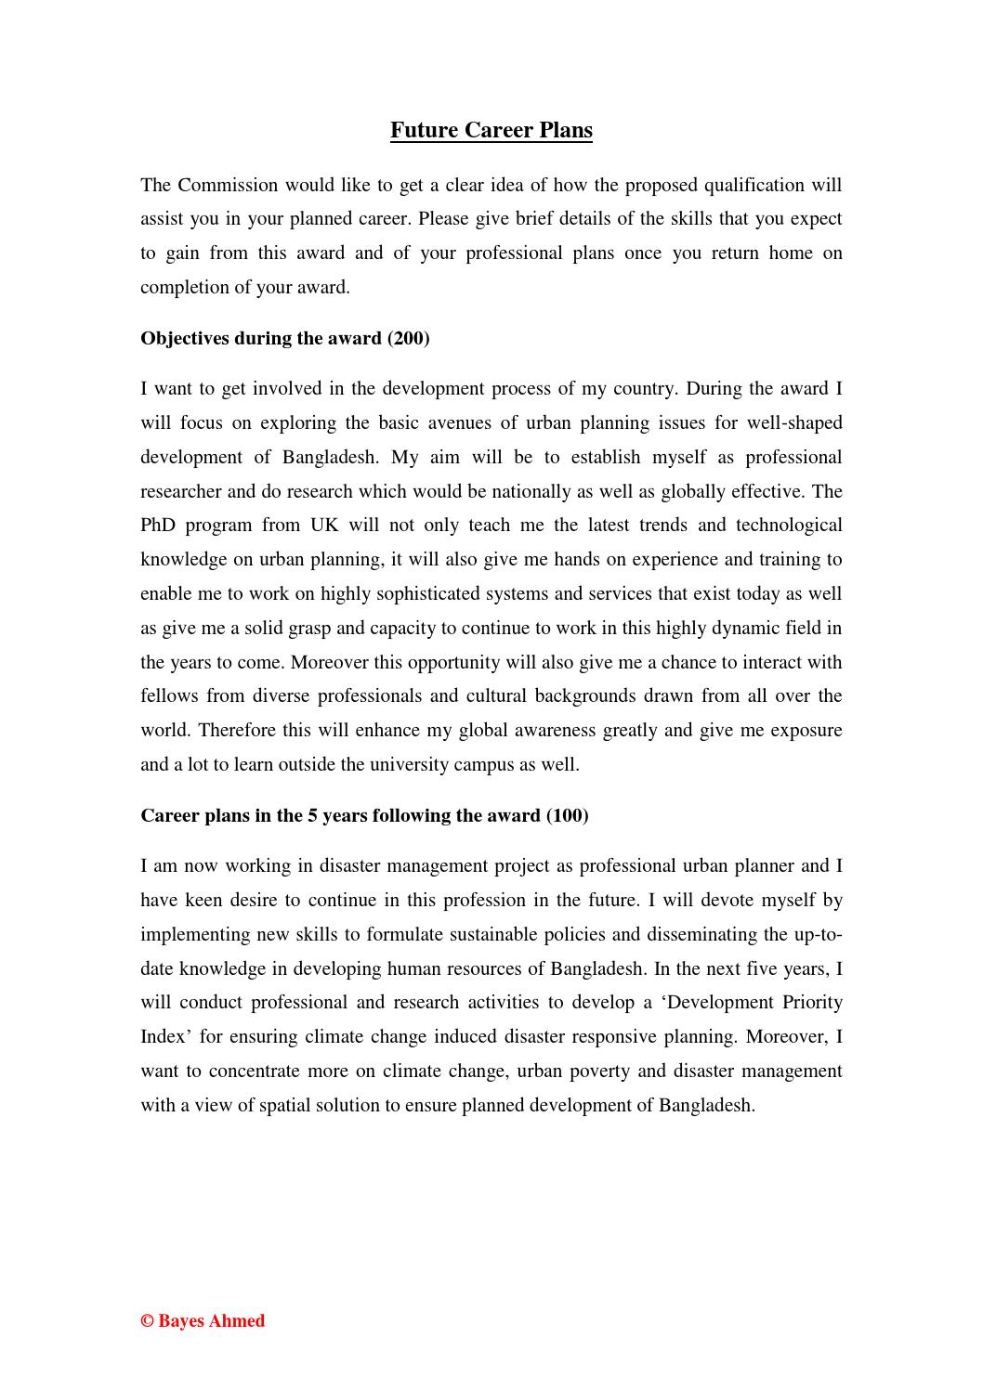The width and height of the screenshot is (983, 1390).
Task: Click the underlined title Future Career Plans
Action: coord(491,130)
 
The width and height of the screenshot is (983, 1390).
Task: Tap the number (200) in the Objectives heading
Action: coord(409,338)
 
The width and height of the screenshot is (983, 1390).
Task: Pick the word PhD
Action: coord(157,526)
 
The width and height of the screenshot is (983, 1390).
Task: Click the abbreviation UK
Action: coord(324,526)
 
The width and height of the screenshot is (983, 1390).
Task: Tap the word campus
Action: coord(503,764)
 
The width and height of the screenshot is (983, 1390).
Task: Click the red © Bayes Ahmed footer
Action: coord(203,1320)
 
